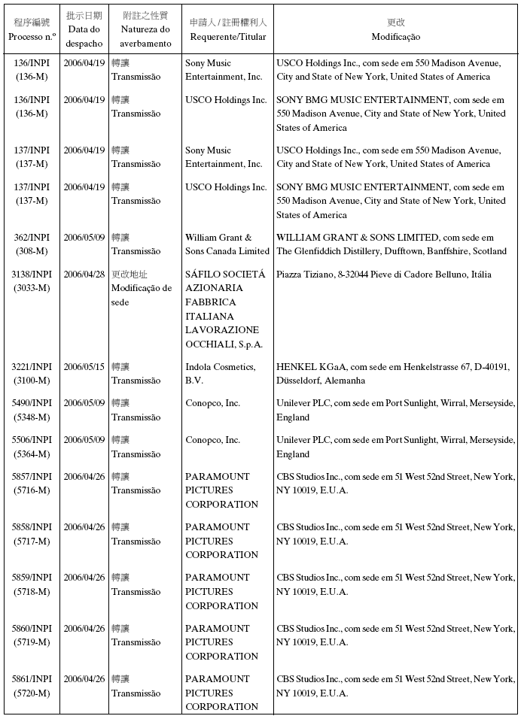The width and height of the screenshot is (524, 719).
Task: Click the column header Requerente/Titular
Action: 227,36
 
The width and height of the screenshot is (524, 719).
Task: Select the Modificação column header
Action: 395,36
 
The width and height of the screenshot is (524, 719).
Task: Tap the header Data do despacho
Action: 84,36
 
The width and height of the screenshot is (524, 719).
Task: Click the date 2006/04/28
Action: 84,275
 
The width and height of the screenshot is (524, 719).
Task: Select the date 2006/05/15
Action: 84,367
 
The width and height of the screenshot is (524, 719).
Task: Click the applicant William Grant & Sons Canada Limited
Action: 227,244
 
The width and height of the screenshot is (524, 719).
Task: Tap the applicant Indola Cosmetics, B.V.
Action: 220,374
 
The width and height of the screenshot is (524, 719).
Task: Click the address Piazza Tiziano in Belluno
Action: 382,275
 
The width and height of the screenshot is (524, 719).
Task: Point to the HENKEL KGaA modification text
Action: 395,367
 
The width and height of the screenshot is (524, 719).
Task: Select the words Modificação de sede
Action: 142,295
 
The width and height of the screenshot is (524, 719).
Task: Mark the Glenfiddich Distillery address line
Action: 391,251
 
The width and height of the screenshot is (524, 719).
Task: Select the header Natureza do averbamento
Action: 145,36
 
